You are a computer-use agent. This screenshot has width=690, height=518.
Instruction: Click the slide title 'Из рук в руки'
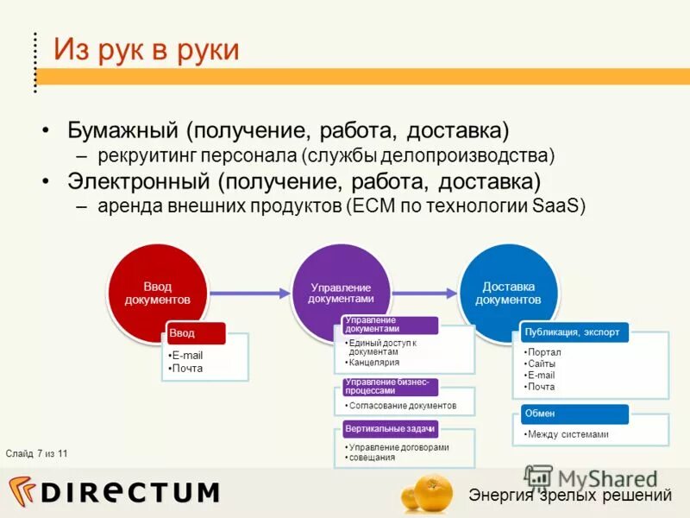coord(147,48)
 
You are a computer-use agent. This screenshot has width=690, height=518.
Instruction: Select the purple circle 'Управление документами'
coord(341,293)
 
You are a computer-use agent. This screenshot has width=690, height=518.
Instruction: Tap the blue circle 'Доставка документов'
coord(508,293)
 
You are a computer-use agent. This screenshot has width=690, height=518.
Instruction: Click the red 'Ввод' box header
coord(195,332)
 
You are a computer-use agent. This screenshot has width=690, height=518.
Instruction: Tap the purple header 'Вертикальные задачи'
coord(390,428)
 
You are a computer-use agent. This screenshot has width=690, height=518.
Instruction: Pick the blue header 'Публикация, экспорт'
coord(573,331)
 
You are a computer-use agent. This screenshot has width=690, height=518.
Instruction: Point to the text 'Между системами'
coord(568,434)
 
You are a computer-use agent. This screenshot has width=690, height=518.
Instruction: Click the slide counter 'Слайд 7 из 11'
coord(36,453)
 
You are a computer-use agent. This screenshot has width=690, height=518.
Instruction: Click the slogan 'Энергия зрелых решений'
coord(569,495)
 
